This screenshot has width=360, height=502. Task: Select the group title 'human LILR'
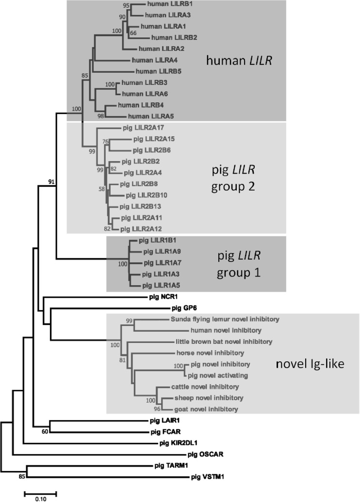pos(236,60)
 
